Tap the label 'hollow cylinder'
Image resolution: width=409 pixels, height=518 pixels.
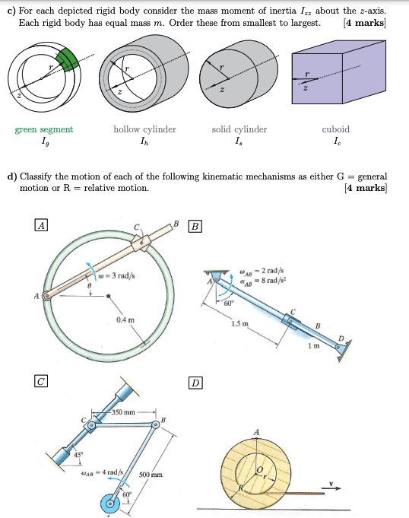144,129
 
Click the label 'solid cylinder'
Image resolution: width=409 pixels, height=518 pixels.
239,129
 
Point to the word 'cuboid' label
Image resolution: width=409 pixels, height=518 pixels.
336,129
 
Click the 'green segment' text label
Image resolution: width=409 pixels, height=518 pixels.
44,129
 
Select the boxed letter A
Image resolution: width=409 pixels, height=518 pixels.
40,224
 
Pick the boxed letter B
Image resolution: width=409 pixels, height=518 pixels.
196,226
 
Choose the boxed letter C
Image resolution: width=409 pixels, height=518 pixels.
40,381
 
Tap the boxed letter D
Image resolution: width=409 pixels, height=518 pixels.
196,382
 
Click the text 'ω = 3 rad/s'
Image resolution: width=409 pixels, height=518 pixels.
119,275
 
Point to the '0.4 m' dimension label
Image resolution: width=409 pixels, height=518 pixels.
125,320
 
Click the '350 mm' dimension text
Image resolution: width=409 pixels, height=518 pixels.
123,412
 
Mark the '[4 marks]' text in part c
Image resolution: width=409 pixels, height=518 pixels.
365,23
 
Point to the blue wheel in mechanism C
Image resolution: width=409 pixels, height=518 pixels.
112,503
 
